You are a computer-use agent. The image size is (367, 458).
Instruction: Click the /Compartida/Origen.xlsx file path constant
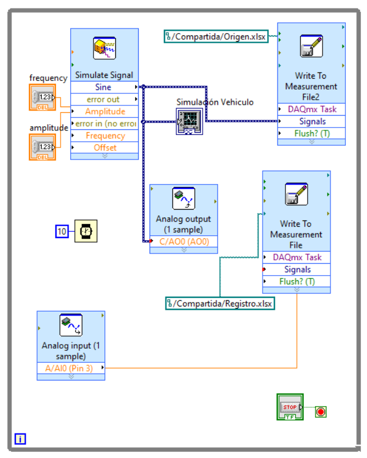pyautogui.click(x=216, y=36)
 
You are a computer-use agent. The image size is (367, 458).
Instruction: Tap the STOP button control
pyautogui.click(x=290, y=407)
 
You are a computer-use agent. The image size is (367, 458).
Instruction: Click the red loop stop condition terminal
pyautogui.click(x=321, y=411)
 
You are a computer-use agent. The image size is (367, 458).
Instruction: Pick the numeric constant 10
pyautogui.click(x=62, y=231)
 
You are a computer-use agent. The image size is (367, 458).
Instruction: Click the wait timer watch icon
pyautogui.click(x=86, y=231)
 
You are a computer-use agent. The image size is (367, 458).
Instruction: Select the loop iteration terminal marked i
pyautogui.click(x=20, y=439)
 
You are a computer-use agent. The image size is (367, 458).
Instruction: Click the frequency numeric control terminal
pyautogui.click(x=42, y=97)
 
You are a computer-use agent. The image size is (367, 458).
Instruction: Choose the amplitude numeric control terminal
pyautogui.click(x=42, y=147)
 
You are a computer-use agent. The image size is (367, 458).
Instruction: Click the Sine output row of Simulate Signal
pyautogui.click(x=104, y=87)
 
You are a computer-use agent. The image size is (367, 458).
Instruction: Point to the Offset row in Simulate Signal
pyautogui.click(x=104, y=148)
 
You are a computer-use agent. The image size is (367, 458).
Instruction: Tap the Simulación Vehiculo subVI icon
pyautogui.click(x=189, y=121)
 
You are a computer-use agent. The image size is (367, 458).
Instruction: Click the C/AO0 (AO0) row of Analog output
pyautogui.click(x=184, y=242)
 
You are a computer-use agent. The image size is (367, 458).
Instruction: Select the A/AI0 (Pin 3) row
pyautogui.click(x=71, y=368)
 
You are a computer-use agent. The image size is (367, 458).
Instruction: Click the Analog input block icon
pyautogui.click(x=71, y=326)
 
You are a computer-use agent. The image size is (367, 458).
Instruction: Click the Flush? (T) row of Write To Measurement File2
pyautogui.click(x=312, y=133)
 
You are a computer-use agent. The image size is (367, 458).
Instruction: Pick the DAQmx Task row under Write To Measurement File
pyautogui.click(x=297, y=257)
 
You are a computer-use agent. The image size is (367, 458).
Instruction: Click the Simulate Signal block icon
pyautogui.click(x=104, y=48)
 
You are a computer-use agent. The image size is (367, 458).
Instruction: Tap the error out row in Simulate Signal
pyautogui.click(x=104, y=99)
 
